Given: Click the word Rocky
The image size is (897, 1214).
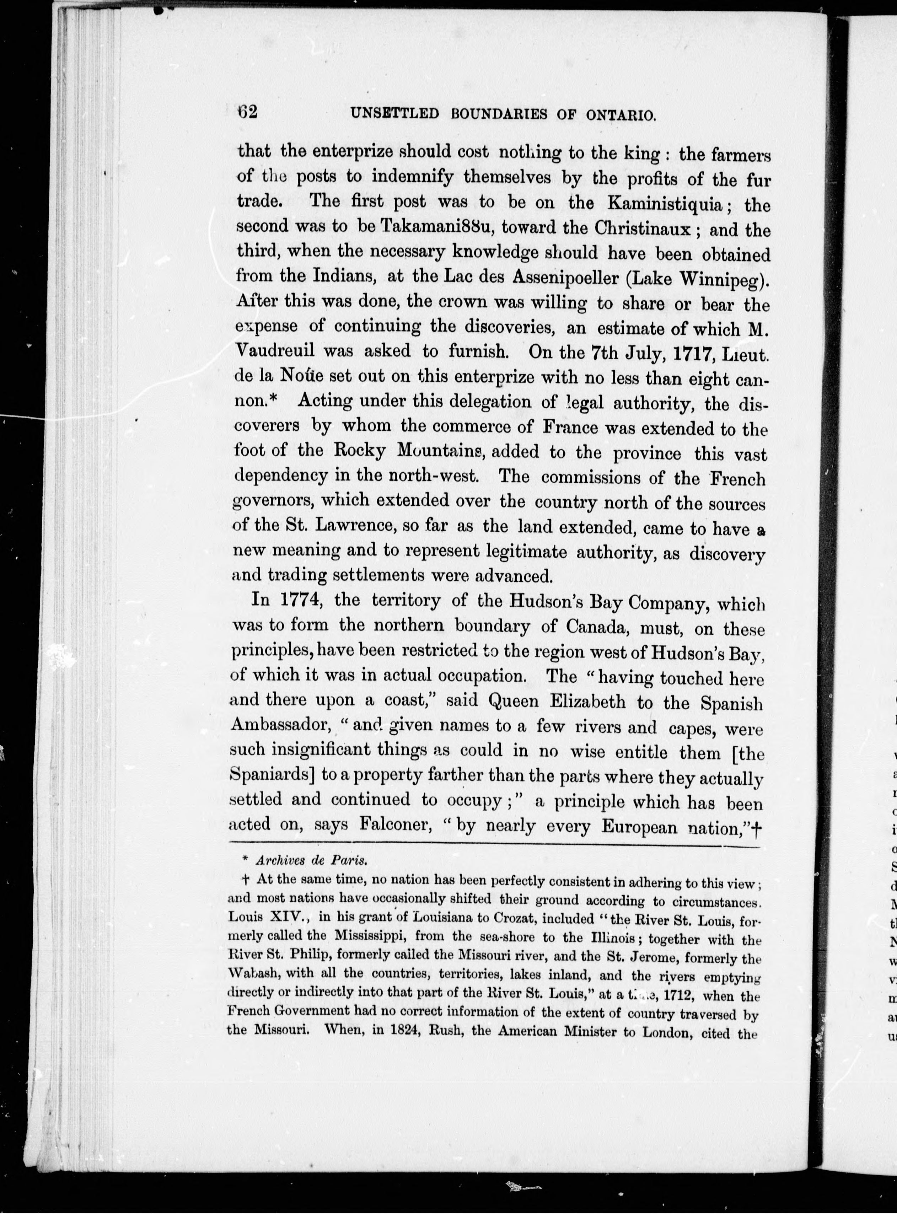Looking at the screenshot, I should [x=359, y=451].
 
